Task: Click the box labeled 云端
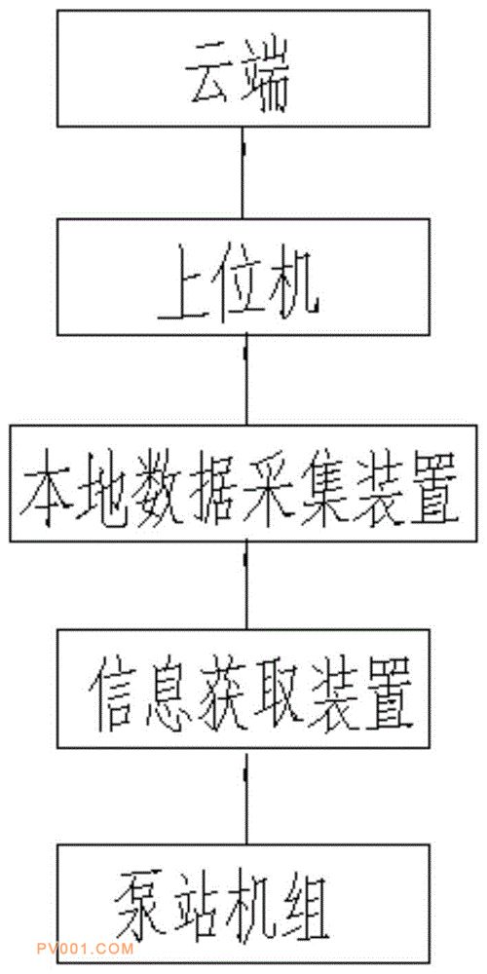(x=243, y=68)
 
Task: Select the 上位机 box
(x=243, y=276)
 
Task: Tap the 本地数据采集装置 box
(x=243, y=483)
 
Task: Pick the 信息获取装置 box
(x=243, y=689)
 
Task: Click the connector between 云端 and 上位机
(x=243, y=172)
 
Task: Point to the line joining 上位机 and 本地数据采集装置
(x=246, y=380)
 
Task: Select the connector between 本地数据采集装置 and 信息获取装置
(x=246, y=585)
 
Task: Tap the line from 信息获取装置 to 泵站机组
(x=246, y=796)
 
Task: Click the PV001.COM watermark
(x=86, y=949)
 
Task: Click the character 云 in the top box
(x=208, y=81)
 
